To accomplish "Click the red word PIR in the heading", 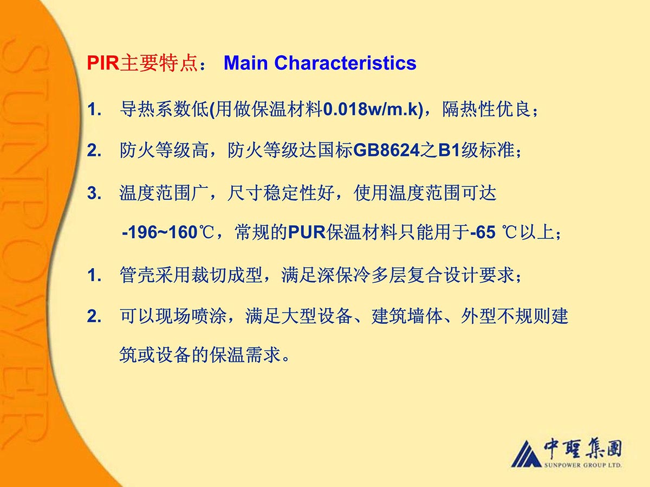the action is [103, 63].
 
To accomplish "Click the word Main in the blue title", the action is [245, 63].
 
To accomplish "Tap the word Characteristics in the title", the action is [345, 63].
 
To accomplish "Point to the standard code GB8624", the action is [386, 151].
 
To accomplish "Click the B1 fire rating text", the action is [449, 151].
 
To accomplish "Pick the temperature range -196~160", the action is [160, 232].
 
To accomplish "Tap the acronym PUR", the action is [307, 232].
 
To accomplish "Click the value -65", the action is [483, 232].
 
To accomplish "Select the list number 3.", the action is [94, 193].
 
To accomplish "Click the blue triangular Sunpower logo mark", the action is [526, 453].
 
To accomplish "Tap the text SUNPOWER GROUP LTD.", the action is [582, 465].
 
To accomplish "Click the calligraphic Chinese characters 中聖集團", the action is [582, 449].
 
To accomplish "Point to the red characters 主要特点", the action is [159, 63].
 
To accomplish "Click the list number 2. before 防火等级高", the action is [94, 151].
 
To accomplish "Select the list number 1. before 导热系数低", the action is [94, 109].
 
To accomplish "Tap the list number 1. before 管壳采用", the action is [94, 275].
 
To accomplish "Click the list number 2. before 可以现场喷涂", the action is [94, 316].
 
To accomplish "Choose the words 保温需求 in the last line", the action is [245, 354].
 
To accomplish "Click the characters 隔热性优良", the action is [486, 109].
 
